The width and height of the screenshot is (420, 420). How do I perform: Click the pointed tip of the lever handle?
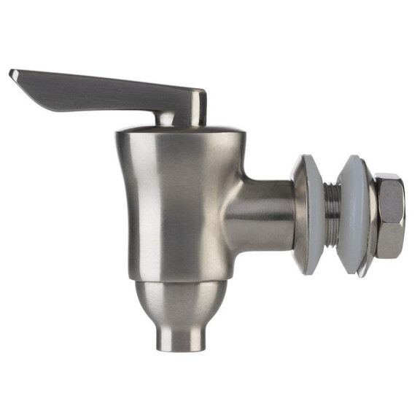tap(12, 73)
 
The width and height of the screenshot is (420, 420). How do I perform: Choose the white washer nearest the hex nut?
tap(353, 215)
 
